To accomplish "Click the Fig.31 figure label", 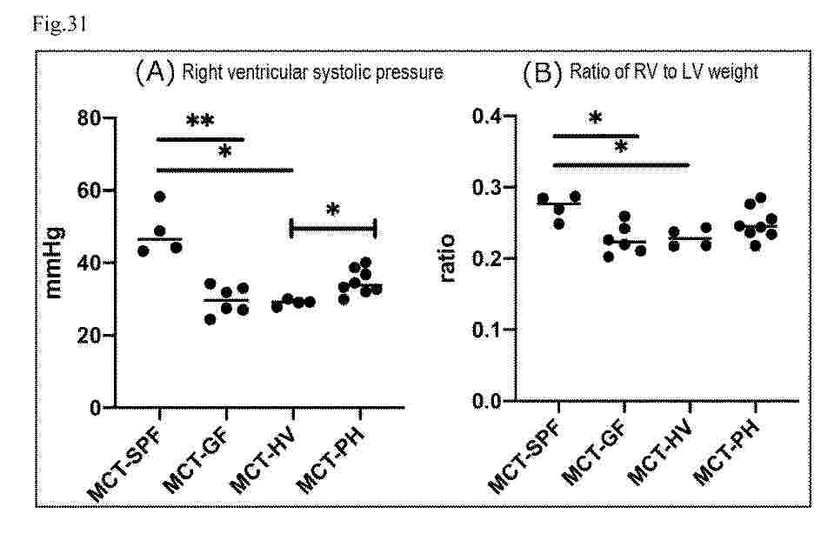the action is coord(60,24).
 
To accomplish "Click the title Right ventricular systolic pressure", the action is coord(312,72).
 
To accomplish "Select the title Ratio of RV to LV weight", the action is coord(664,71).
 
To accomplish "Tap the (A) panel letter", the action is coord(155,71).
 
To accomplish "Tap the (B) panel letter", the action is coord(543,72).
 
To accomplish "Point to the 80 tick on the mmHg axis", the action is coord(90,117).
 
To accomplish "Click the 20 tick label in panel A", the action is coord(90,336).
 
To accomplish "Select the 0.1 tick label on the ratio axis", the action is coord(487,330).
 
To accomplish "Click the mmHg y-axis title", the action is coord(54,263).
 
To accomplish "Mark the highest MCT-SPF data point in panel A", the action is coord(160,197).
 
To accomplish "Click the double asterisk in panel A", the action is coord(200,122).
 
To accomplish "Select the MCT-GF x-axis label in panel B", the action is coord(594,451).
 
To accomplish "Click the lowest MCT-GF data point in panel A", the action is coord(210,319).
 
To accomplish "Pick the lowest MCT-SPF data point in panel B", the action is coord(559,224).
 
